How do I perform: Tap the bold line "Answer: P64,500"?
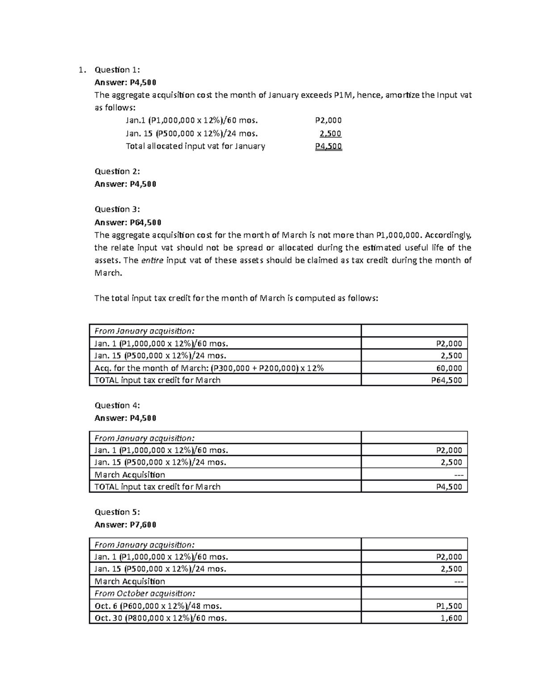[x=128, y=222]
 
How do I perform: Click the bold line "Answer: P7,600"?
[x=126, y=525]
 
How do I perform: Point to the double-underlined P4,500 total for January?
[x=328, y=146]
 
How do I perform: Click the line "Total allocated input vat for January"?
[x=195, y=146]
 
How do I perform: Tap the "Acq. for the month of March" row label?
[x=209, y=368]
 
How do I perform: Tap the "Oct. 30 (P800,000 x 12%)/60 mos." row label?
[x=161, y=618]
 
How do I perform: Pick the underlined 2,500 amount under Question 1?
[x=331, y=133]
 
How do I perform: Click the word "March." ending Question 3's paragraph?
[x=108, y=273]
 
